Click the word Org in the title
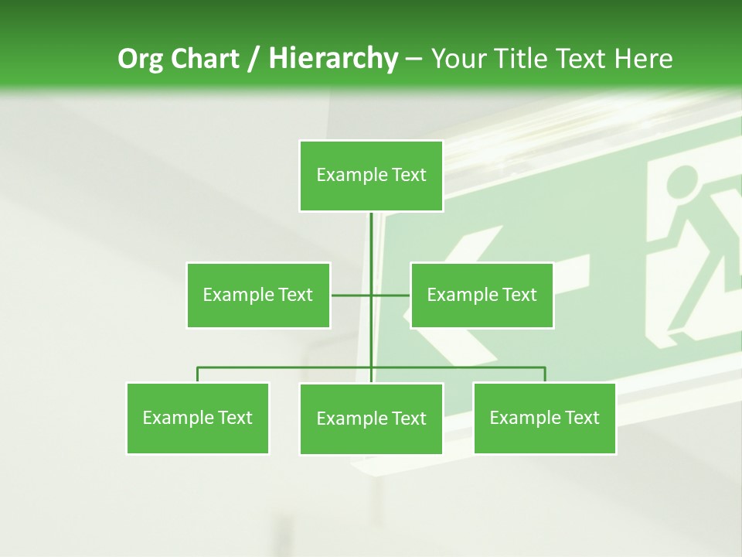141,59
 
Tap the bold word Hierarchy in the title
333,59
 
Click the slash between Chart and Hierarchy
254,59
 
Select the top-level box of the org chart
371,176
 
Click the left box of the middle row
258,295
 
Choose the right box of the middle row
482,295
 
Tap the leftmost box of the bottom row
197,418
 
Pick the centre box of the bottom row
371,419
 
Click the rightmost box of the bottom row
544,418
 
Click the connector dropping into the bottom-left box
198,374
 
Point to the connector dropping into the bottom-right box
545,374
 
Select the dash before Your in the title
413,59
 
